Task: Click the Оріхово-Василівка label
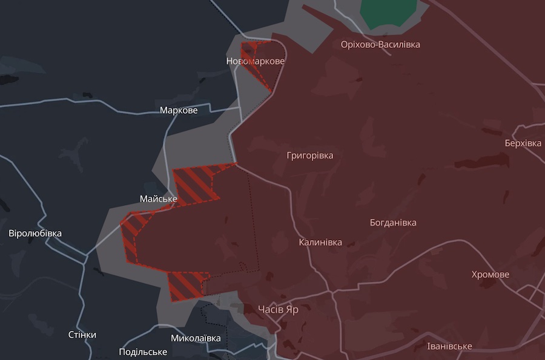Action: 380,45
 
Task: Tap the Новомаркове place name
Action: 255,61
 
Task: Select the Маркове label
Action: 179,110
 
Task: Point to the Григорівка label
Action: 310,155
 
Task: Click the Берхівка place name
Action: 523,143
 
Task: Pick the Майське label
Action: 159,199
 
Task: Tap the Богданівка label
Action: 393,223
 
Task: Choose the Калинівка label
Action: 320,243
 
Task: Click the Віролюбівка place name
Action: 35,234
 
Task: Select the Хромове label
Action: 490,275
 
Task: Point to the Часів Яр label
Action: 278,310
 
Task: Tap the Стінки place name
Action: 82,335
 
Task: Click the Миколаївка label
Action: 196,338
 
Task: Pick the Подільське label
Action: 143,352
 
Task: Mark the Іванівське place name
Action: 449,346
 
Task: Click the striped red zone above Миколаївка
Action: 185,284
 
